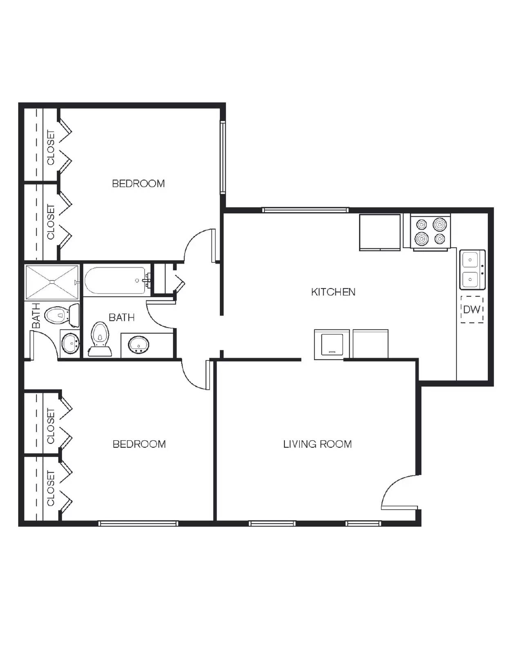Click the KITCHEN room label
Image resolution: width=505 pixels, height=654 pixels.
(x=333, y=292)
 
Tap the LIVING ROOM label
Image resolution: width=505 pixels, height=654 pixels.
(x=317, y=444)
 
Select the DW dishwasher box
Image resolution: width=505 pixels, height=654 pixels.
(x=472, y=309)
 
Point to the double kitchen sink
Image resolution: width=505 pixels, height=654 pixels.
(x=472, y=269)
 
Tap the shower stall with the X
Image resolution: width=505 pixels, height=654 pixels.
(x=52, y=282)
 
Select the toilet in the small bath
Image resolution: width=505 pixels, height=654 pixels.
(x=60, y=315)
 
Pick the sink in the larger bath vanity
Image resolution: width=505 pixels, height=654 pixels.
(x=139, y=345)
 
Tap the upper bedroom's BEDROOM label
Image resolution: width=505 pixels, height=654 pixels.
(x=138, y=184)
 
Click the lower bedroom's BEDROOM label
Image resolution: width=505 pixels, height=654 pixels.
(x=139, y=444)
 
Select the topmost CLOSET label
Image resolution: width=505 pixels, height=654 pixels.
(x=51, y=147)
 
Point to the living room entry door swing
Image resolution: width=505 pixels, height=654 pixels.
(x=398, y=493)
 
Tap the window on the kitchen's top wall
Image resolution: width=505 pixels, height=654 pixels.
(x=305, y=210)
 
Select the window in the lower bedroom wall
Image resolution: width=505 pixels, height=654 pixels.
(x=138, y=523)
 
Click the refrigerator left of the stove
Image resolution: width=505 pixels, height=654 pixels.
(x=380, y=232)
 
